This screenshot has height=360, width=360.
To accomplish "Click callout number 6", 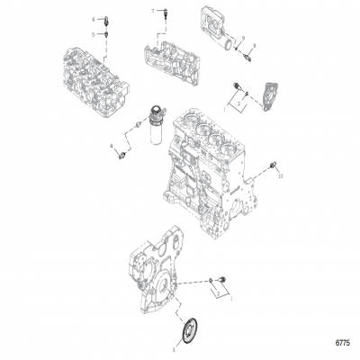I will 93,18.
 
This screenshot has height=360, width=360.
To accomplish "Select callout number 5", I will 93,33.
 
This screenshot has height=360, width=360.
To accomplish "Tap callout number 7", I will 153,8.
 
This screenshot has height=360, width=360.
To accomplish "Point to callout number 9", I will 242,38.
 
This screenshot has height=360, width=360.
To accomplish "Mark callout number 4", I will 112,145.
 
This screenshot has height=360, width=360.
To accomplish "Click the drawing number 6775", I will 343,343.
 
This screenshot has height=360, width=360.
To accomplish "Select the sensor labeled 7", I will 166,13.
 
